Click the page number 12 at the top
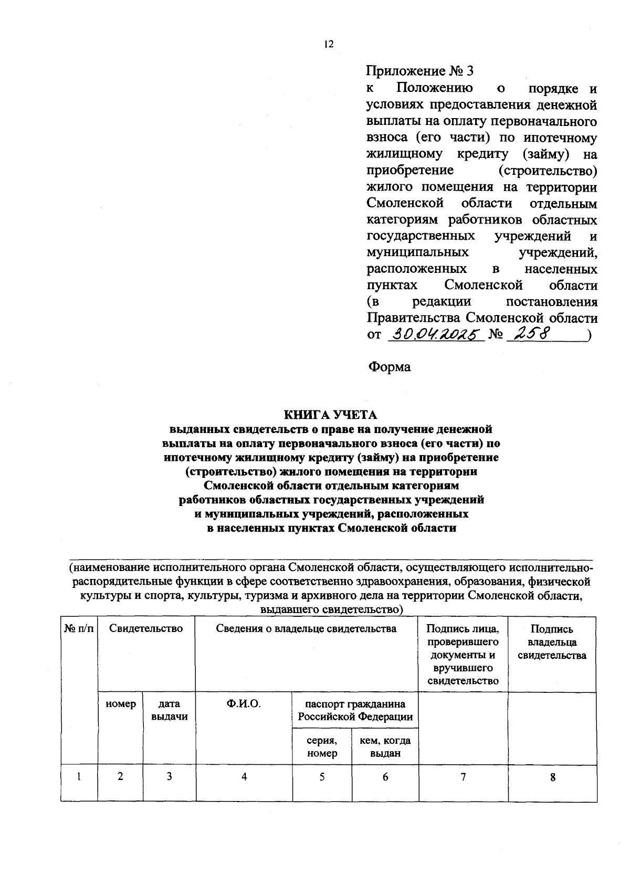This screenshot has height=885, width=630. (x=329, y=45)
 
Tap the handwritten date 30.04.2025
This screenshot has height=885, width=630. (x=435, y=334)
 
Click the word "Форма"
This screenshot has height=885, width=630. (x=389, y=366)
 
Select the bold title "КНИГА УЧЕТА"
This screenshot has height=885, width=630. (x=331, y=415)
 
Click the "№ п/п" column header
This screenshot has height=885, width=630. (x=79, y=629)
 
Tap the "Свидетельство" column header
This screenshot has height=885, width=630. (x=146, y=629)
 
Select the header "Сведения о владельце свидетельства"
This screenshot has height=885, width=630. (x=306, y=629)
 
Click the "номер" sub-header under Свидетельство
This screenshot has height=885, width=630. (x=121, y=704)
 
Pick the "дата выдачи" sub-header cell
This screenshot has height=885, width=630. (x=169, y=710)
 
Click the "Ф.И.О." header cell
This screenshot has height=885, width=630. (x=244, y=704)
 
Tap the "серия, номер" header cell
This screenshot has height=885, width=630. (x=322, y=747)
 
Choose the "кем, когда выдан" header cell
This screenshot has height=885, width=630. (x=385, y=747)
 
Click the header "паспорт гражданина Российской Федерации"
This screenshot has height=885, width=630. (x=355, y=710)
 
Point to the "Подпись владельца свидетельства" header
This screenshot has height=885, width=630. (x=552, y=642)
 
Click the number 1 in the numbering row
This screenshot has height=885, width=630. (x=79, y=777)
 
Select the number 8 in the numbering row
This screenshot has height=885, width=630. (x=552, y=778)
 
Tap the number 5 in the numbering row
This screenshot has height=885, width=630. (x=322, y=777)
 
